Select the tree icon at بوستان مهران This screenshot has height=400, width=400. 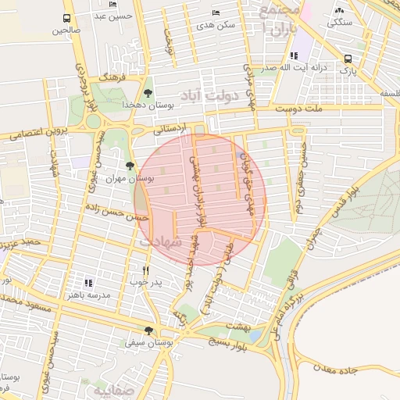[x=129, y=166]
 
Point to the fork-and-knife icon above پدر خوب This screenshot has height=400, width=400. [x=145, y=270]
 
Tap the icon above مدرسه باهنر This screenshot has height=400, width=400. [x=87, y=283]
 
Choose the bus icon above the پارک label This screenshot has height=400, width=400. [x=348, y=58]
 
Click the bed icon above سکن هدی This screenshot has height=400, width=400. [x=216, y=13]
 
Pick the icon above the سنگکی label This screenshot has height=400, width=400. [x=339, y=10]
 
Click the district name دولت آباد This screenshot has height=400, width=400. [x=202, y=96]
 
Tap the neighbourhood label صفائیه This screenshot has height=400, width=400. [x=114, y=389]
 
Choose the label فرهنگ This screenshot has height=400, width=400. [x=123, y=80]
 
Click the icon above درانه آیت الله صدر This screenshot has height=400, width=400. [x=293, y=55]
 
